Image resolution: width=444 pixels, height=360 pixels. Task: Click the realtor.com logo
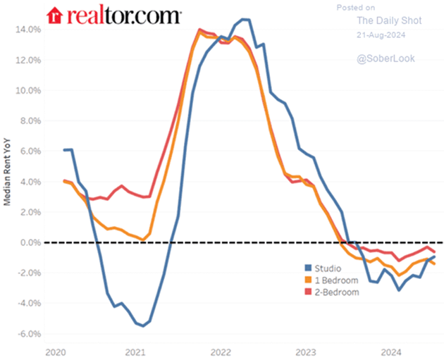113,15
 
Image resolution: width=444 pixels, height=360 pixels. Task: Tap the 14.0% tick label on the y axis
27,30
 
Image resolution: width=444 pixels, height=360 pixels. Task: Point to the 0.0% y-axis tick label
30,242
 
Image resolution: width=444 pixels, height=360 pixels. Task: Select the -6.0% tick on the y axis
28,333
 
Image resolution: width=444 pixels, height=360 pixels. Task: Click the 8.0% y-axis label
30,121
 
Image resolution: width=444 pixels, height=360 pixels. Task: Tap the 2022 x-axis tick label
220,350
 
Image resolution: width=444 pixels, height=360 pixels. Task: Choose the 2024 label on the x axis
391,350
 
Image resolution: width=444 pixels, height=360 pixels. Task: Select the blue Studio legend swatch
308,268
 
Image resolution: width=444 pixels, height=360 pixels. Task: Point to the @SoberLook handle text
381,61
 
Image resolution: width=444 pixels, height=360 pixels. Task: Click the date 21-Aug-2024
381,34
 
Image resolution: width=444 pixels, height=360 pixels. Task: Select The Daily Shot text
381,21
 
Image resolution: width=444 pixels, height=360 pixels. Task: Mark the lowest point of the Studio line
144,325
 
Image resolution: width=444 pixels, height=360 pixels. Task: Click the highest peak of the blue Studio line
244,19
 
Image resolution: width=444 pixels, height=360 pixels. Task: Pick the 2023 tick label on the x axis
306,350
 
